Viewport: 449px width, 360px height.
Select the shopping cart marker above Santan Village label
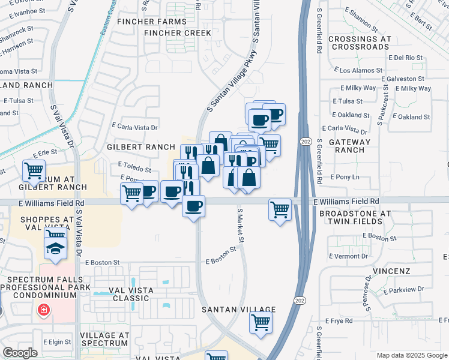261,323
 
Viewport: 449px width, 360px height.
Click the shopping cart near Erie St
34,170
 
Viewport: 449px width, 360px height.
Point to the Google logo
20,353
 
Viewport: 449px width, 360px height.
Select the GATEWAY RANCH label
354,146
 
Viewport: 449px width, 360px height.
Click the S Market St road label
241,226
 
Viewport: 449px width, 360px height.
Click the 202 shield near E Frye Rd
298,299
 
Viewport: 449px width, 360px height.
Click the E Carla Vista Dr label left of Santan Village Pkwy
134,127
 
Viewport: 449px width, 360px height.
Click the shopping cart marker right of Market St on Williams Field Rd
280,210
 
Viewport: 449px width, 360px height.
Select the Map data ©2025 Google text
411,355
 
